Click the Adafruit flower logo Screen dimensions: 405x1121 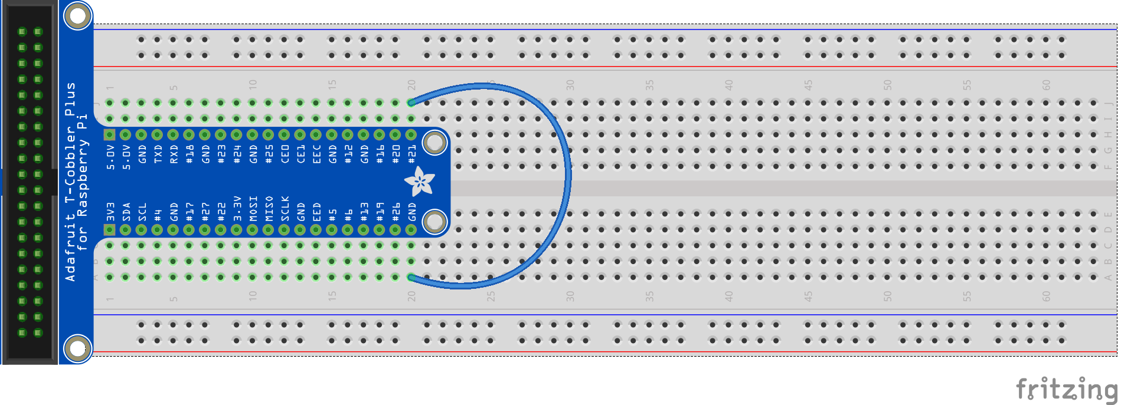point(420,182)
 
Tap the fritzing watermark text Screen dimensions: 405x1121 point(1066,390)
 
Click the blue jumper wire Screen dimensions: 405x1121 point(567,177)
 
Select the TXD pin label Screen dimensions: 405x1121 point(158,154)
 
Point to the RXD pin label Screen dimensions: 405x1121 point(174,154)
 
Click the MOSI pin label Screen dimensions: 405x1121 point(253,209)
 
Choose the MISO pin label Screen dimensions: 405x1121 point(269,209)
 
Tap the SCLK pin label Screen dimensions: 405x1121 point(285,209)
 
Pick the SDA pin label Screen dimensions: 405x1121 point(126,212)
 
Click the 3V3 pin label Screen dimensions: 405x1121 point(110,212)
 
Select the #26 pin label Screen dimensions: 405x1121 point(396,212)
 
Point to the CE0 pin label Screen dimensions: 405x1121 point(285,154)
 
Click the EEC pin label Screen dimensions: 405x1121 point(317,154)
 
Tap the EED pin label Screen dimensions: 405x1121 point(317,212)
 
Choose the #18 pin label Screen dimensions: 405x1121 point(189,154)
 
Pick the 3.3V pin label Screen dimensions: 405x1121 point(237,209)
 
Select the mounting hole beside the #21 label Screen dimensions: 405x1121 point(435,142)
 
